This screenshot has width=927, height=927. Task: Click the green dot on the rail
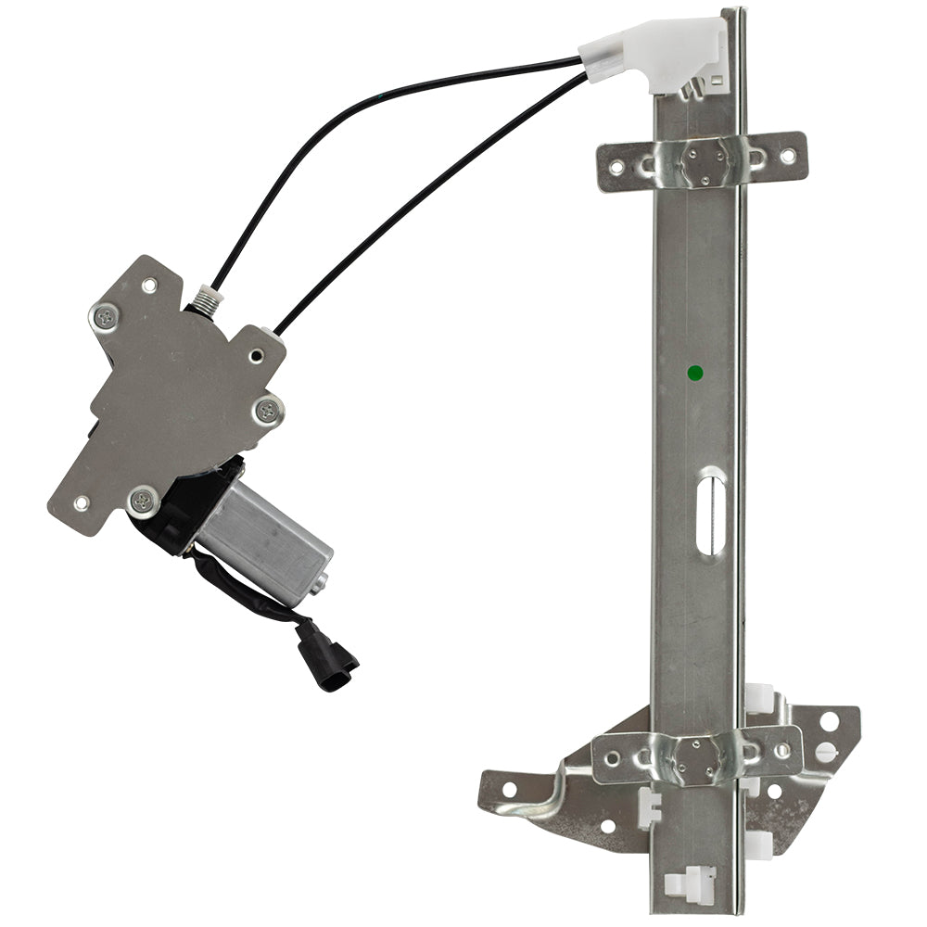pos(695,374)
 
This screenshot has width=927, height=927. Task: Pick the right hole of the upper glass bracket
pos(787,157)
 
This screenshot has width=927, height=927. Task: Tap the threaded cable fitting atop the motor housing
pos(205,298)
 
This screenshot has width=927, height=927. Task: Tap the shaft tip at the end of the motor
pos(320,586)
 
